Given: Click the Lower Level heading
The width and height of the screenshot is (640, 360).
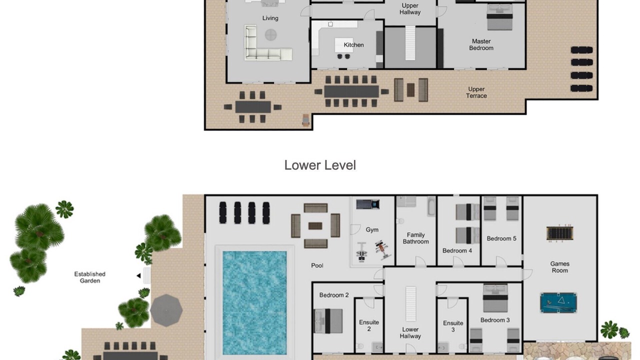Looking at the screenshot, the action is [x=320, y=165].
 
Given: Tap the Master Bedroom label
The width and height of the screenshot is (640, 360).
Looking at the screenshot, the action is [x=481, y=45].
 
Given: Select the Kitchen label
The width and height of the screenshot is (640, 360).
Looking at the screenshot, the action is [x=353, y=45].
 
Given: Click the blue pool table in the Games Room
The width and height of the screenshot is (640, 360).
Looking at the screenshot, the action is [x=558, y=302].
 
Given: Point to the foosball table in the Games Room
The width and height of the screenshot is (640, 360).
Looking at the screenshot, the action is [x=559, y=233].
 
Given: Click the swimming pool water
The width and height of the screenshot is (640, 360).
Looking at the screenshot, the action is [x=254, y=303].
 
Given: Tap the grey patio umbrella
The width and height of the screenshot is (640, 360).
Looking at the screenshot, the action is [x=166, y=310].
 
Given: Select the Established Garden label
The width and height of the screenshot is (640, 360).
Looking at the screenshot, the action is [x=89, y=277].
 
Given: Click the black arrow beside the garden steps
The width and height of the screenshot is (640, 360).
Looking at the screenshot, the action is [x=138, y=275].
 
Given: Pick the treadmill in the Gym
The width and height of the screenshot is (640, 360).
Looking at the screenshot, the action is [x=367, y=204].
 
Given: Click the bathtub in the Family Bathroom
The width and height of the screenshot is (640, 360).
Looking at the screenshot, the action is [x=431, y=206].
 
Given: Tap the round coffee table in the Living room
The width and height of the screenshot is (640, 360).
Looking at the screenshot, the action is [x=270, y=35].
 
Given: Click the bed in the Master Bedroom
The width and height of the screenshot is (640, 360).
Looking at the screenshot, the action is [x=499, y=17].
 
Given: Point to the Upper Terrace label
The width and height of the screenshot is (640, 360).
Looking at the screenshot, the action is [x=476, y=92].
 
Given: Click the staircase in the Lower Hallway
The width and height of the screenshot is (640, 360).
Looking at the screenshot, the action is [x=410, y=304].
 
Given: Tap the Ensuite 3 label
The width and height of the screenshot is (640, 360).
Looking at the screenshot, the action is [x=453, y=326].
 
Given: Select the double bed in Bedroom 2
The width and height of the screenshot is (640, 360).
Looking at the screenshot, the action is [x=328, y=321].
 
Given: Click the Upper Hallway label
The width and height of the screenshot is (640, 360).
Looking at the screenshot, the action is [x=410, y=9].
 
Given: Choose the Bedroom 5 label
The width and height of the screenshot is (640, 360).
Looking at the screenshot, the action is [x=501, y=238].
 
